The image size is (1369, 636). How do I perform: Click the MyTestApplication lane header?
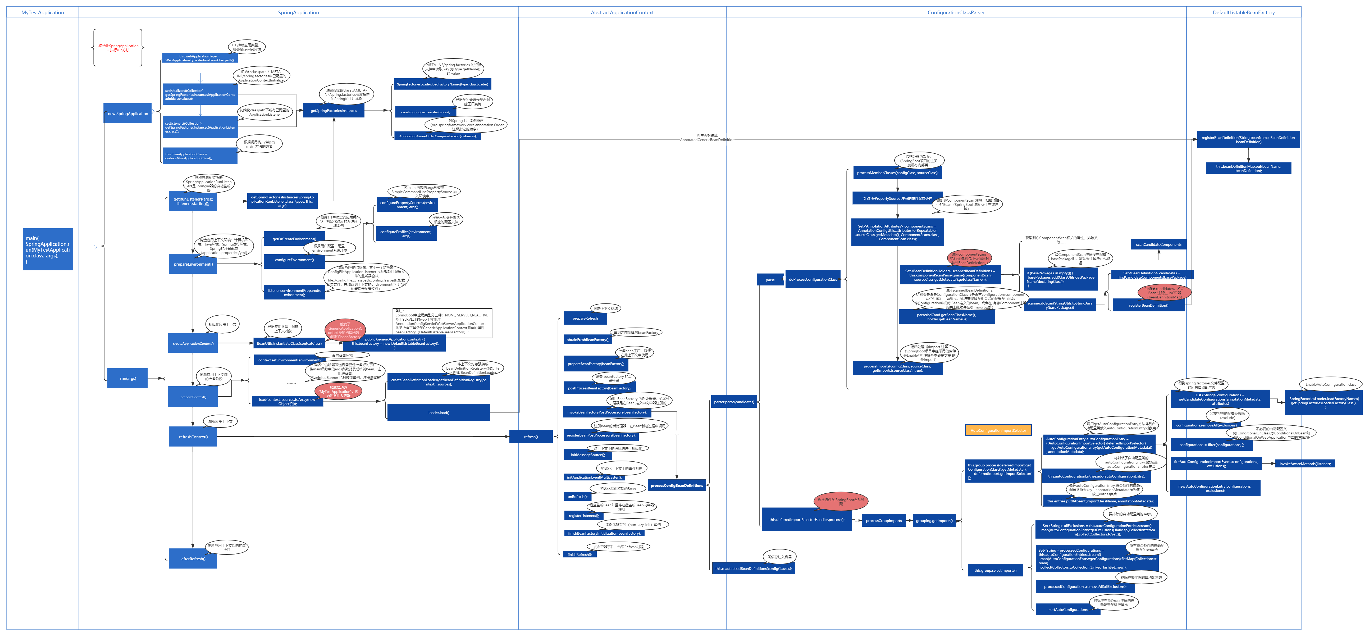pyautogui.click(x=43, y=12)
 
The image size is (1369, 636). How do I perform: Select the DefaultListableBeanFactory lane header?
pyautogui.click(x=1244, y=12)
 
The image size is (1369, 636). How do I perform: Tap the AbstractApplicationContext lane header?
pyautogui.click(x=622, y=12)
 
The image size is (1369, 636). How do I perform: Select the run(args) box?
pyautogui.click(x=127, y=378)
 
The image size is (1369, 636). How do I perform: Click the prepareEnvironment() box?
pyautogui.click(x=193, y=264)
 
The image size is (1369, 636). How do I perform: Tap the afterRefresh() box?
pyautogui.click(x=193, y=558)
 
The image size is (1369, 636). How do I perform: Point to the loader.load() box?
pyautogui.click(x=439, y=412)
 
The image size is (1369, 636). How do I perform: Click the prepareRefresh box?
pyautogui.click(x=585, y=318)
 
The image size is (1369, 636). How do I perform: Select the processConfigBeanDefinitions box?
pyautogui.click(x=677, y=485)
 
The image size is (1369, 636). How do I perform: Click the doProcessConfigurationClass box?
pyautogui.click(x=813, y=279)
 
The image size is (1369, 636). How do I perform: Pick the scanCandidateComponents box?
pyautogui.click(x=1158, y=244)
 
